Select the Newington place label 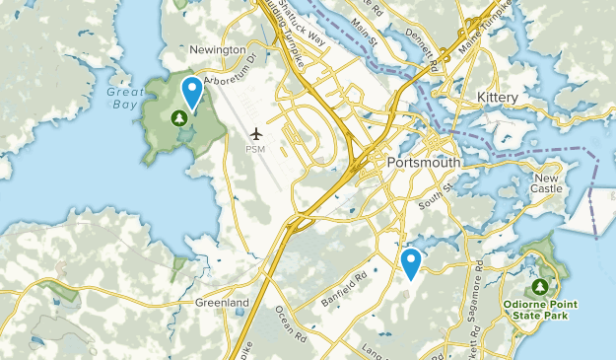[x=217, y=49]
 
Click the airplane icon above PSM [x=256, y=133]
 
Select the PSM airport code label [x=256, y=149]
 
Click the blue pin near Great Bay [x=192, y=92]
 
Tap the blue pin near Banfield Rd [x=411, y=262]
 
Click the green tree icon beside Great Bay [x=179, y=118]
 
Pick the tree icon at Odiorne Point [x=539, y=287]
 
